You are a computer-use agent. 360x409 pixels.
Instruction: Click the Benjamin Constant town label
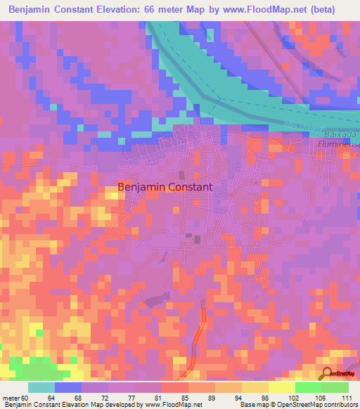pos(165,188)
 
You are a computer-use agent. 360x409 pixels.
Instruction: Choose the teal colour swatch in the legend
pos(41,387)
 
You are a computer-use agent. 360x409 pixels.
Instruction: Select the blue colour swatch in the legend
pos(68,387)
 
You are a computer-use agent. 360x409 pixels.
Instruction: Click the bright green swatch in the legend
pos(308,387)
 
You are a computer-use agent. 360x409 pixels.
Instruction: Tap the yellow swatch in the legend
pos(281,387)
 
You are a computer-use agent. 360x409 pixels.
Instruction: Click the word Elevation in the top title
pos(114,10)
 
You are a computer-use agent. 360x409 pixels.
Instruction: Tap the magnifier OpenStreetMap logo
pos(328,372)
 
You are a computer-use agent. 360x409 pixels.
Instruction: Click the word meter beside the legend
pos(11,398)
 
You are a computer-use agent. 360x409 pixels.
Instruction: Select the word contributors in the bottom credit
pos(340,405)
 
